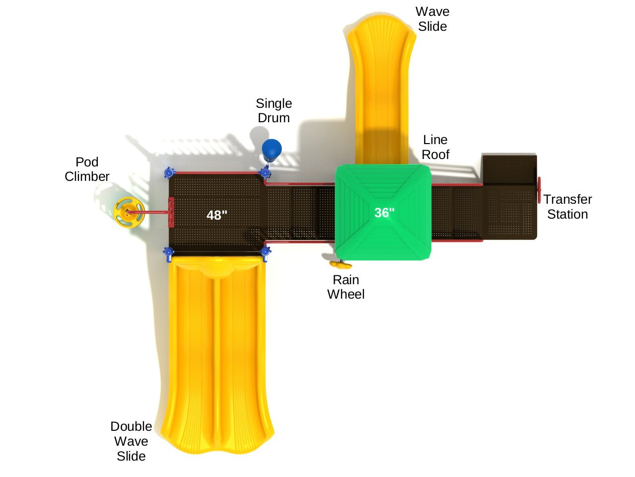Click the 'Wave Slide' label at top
432,19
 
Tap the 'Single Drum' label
274,111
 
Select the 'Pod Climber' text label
87,169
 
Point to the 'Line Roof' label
435,147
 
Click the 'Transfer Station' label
567,207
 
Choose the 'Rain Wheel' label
346,287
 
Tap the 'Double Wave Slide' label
131,441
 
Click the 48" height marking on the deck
217,215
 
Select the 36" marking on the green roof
384,213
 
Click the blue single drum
272,148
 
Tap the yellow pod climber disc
128,213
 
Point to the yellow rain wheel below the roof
341,264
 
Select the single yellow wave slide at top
380,89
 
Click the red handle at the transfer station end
539,190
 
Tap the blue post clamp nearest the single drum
266,173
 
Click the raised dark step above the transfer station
509,169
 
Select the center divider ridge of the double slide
216,358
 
